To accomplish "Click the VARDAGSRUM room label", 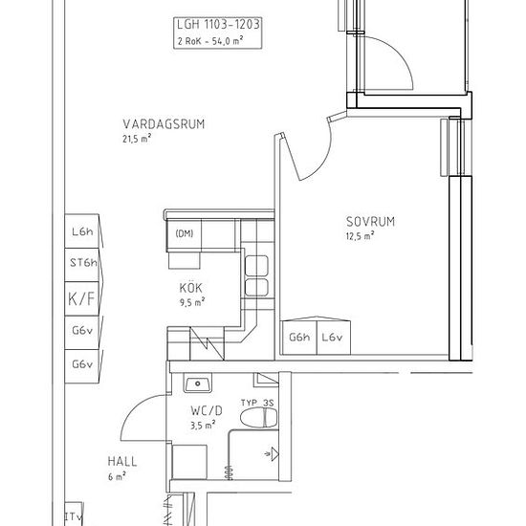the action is click(x=164, y=124).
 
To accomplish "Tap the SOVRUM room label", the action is click(x=371, y=222).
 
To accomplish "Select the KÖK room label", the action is click(x=191, y=288).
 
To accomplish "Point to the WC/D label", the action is click(x=207, y=410).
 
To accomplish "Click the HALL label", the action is click(x=122, y=462).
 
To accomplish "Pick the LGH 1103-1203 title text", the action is click(x=218, y=25).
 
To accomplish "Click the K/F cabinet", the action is click(x=81, y=298).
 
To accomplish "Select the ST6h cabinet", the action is click(x=81, y=265).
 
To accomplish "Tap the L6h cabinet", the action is click(x=81, y=231).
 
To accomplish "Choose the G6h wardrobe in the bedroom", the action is click(x=299, y=338).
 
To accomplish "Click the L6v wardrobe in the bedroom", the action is click(x=334, y=338).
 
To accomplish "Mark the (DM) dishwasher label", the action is click(x=185, y=233).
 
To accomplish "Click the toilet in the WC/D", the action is click(x=258, y=418).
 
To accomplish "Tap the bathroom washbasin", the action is click(x=198, y=384).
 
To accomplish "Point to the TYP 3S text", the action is click(x=257, y=403).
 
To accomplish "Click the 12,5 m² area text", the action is click(x=360, y=236).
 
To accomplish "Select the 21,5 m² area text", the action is click(x=137, y=139).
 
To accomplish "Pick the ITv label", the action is click(x=74, y=516).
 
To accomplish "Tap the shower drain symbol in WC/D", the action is click(x=273, y=454).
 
